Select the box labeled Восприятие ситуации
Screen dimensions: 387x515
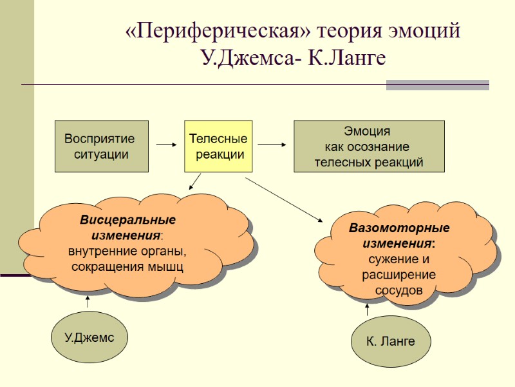(102, 146)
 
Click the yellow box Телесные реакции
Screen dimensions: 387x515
(218, 146)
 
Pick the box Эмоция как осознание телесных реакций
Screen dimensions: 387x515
(369, 146)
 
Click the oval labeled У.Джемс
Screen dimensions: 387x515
(89, 338)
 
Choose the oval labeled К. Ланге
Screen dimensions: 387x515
(391, 341)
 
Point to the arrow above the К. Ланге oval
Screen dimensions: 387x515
(368, 310)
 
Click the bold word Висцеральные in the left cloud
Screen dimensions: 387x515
(127, 221)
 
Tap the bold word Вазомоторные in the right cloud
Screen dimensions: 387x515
(399, 229)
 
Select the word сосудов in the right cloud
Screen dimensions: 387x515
(399, 290)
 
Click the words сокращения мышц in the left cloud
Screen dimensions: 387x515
(127, 266)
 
